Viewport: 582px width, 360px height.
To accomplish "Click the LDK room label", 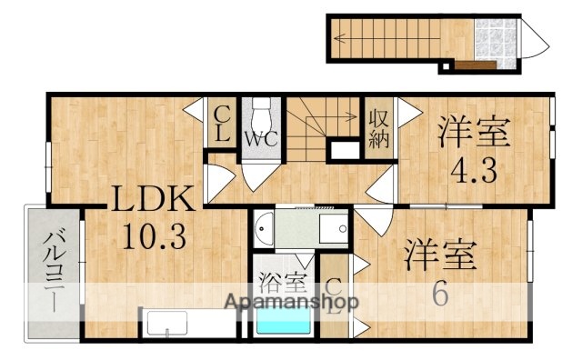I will (152, 200).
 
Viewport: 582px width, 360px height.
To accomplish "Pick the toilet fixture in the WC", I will (262, 113).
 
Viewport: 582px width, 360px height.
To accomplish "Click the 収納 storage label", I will (378, 128).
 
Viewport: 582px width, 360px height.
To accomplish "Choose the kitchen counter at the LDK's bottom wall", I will (164, 324).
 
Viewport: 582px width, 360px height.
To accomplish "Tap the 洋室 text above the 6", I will (441, 255).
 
